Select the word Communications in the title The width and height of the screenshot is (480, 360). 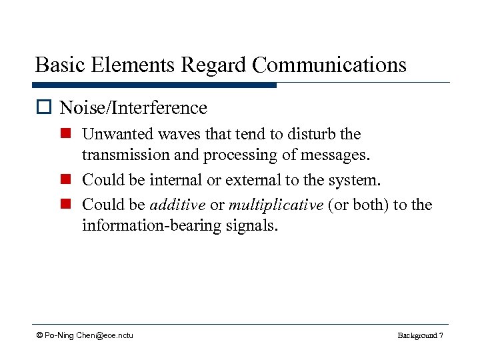tap(330, 65)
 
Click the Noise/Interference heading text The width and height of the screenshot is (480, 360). tap(133, 107)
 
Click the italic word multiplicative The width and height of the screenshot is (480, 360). tap(275, 204)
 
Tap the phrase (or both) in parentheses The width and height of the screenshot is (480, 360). tap(358, 204)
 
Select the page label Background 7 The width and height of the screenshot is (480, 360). tap(420, 335)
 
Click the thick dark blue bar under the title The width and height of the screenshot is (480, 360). tap(154, 85)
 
